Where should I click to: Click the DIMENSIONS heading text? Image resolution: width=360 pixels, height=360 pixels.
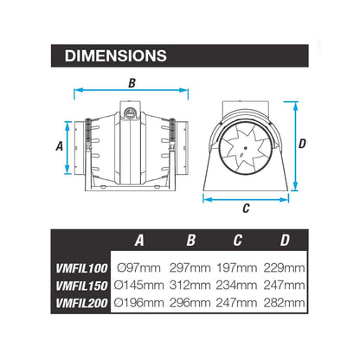[115, 55]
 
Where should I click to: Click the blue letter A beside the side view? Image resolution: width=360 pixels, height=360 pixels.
[60, 146]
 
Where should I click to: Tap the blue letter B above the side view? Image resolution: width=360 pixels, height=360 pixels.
[132, 83]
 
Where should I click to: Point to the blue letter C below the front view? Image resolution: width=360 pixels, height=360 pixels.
[246, 208]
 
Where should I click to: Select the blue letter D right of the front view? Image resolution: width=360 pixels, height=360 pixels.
[302, 145]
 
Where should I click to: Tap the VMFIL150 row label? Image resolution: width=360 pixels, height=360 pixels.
[81, 284]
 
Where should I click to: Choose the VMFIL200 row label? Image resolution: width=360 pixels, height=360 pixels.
[81, 302]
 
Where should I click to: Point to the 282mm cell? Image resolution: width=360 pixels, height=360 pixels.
[285, 302]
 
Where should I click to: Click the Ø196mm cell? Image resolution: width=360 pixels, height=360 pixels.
[139, 302]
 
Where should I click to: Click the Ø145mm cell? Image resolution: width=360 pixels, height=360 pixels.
[139, 284]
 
